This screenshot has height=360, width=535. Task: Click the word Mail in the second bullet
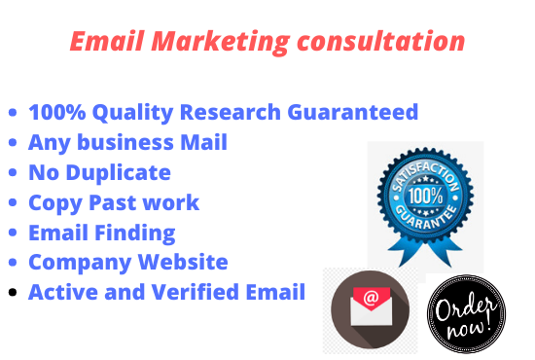(x=202, y=142)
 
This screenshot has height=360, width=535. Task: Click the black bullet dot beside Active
(x=13, y=292)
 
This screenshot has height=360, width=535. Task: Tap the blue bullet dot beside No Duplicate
(x=13, y=173)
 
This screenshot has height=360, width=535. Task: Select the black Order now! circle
(x=467, y=313)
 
